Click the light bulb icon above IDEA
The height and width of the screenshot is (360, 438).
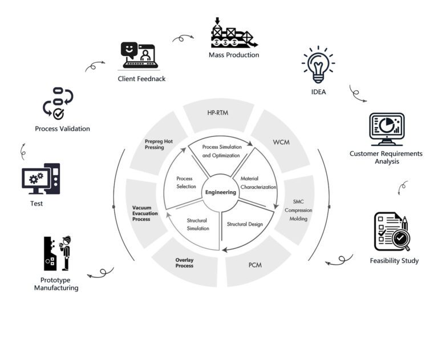pos(318,65)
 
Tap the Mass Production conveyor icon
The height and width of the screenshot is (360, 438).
pos(233,34)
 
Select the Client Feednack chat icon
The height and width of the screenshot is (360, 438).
pos(140,55)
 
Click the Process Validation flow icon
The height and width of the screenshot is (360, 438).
pos(58,103)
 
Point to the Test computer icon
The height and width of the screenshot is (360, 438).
pos(40,179)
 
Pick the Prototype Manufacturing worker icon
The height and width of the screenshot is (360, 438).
pos(58,253)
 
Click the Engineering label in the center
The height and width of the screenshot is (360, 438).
pos(221,192)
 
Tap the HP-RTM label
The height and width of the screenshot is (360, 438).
pos(218,113)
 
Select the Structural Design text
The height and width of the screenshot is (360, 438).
pos(245,224)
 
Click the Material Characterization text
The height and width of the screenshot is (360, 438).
pos(258,183)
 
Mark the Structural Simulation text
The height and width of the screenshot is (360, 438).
pos(197,224)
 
